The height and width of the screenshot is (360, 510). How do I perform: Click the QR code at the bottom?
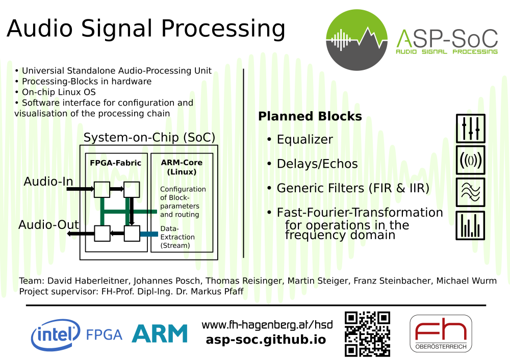pyautogui.click(x=367, y=334)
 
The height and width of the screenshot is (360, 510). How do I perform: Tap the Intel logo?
pyautogui.click(x=56, y=335)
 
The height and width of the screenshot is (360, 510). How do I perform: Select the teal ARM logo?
pyautogui.click(x=160, y=333)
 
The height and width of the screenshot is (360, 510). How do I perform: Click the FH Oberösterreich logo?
pyautogui.click(x=441, y=333)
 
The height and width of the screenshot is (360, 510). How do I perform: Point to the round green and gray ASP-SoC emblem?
pyautogui.click(x=357, y=40)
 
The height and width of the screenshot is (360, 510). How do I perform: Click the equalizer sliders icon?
pyautogui.click(x=470, y=128)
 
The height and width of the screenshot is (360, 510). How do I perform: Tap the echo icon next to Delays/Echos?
pyautogui.click(x=470, y=160)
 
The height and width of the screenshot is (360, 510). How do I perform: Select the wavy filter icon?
pyautogui.click(x=470, y=192)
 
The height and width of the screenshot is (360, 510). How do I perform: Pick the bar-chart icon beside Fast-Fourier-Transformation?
pyautogui.click(x=470, y=225)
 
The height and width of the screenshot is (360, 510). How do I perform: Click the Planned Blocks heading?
pyautogui.click(x=310, y=116)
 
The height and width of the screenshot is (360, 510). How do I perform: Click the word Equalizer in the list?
pyautogui.click(x=305, y=140)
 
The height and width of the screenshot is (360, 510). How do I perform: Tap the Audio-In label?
pyautogui.click(x=48, y=182)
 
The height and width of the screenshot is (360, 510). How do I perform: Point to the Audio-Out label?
pyautogui.click(x=48, y=225)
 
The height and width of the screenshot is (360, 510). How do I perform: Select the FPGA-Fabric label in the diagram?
pyautogui.click(x=115, y=163)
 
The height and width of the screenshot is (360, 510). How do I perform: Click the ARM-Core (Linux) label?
pyautogui.click(x=182, y=167)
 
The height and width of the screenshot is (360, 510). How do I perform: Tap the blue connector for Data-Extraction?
pyautogui.click(x=149, y=234)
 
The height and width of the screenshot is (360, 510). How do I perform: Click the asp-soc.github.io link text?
pyautogui.click(x=266, y=340)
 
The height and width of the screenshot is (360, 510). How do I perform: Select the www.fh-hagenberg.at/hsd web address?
pyautogui.click(x=267, y=325)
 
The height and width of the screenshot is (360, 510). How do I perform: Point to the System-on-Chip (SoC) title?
pyautogui.click(x=149, y=138)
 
